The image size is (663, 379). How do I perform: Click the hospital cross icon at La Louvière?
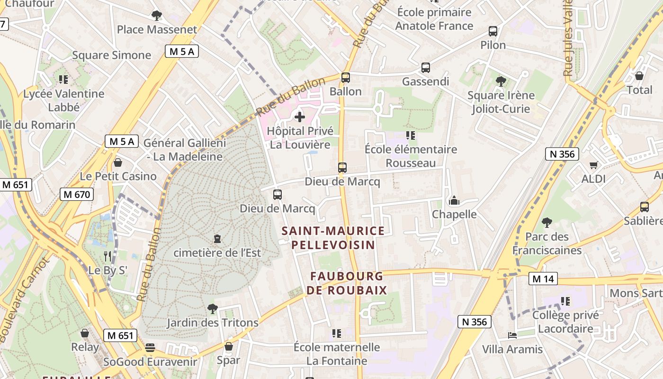point(299,117)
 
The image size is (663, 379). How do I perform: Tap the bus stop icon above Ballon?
point(346,77)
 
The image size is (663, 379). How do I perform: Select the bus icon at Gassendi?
point(425,68)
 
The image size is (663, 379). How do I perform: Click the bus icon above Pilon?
point(493,31)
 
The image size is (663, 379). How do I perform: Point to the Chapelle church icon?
point(454,201)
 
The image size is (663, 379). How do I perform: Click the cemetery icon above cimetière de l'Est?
point(217,238)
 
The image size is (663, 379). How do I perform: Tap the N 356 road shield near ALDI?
point(562,154)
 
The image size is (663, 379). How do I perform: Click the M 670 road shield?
point(77,194)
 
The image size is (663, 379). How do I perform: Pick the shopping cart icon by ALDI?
point(593,165)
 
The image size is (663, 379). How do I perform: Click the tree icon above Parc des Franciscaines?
point(547,222)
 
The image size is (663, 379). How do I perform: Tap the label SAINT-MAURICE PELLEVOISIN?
point(333,238)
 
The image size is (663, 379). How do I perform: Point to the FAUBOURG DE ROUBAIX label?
point(347,283)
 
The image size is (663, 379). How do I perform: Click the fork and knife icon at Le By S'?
point(108,256)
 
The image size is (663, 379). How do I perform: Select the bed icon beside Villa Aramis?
point(512,335)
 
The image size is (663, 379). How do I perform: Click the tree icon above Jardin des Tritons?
point(213,309)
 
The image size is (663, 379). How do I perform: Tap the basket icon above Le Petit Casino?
point(117,162)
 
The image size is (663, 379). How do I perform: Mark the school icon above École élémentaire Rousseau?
point(411,135)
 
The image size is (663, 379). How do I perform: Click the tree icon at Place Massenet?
point(156,16)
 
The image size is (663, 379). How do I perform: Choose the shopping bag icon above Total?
point(639,76)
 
